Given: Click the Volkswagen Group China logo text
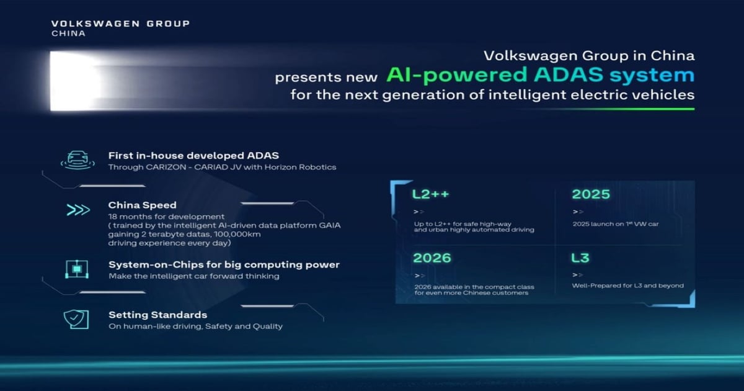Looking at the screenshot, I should point(120,28).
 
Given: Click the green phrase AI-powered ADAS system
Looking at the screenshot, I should point(540,76).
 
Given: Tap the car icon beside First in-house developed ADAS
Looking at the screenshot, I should point(77,160).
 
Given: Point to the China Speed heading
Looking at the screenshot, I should point(142,205).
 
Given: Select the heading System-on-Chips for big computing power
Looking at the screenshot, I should point(224,264).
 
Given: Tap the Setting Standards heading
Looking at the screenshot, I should point(157,315).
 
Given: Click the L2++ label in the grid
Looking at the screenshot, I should point(430,194).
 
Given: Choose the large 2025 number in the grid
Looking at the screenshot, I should point(590,194).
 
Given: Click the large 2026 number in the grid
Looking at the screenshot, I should point(432,257).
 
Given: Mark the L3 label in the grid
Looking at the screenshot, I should point(580,257).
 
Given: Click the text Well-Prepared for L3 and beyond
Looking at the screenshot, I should point(627,286).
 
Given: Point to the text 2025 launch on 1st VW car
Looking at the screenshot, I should point(615,223).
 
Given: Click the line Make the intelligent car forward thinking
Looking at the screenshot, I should point(193,276).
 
